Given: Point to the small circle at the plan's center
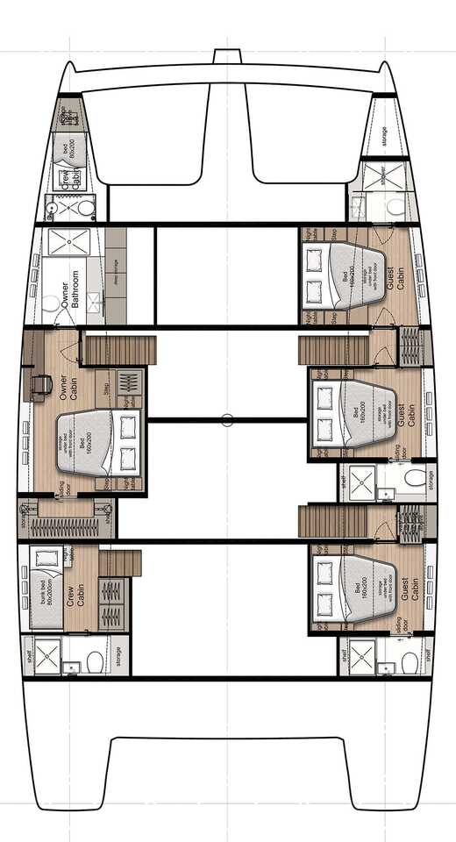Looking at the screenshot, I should (227, 420).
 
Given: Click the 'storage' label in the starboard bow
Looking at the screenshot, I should (384, 136).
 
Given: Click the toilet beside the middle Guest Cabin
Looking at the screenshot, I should (416, 477).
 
